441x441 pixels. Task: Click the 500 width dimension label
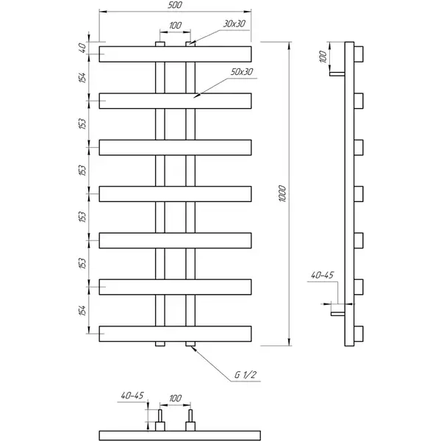[x=175, y=5]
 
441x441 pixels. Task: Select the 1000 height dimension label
[x=282, y=193]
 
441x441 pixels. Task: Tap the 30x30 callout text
[x=234, y=24]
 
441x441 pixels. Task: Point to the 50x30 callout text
[x=242, y=72]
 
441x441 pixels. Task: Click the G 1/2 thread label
[x=245, y=375]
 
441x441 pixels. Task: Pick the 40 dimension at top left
[x=82, y=48]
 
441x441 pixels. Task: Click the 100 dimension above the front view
[x=175, y=26]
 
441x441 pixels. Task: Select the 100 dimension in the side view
[x=323, y=57]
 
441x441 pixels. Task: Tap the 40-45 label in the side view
[x=322, y=275]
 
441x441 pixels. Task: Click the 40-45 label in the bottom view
[x=132, y=395]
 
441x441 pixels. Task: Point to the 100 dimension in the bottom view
[x=175, y=398]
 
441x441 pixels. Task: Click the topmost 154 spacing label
[x=82, y=78]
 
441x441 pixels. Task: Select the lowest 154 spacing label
[x=82, y=310]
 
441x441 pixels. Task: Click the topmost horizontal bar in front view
[x=175, y=54]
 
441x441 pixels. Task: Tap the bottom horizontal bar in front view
[x=175, y=334]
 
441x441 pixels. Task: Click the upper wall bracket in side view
[x=337, y=74]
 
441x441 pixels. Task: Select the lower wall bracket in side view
[x=338, y=314]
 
